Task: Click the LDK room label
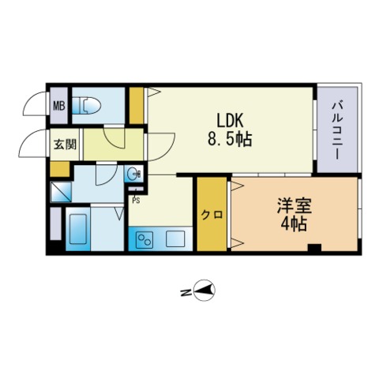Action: point(229,121)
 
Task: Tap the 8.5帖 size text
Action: point(230,139)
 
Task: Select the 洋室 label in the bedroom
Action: point(294,206)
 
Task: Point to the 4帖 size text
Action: point(294,224)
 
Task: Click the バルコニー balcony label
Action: point(337,131)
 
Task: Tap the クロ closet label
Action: point(212,215)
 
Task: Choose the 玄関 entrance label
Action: point(65,144)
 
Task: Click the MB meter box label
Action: point(59,107)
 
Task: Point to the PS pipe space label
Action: point(136,201)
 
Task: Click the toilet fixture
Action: point(87,106)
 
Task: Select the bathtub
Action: point(78,229)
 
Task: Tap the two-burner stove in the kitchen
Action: point(144,239)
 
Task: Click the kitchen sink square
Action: point(175,239)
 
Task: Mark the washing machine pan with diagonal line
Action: point(61,192)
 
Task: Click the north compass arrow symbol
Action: point(205,291)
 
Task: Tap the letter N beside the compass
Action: point(186,292)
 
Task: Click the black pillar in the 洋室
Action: point(314,248)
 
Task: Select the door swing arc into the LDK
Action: point(168,152)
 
